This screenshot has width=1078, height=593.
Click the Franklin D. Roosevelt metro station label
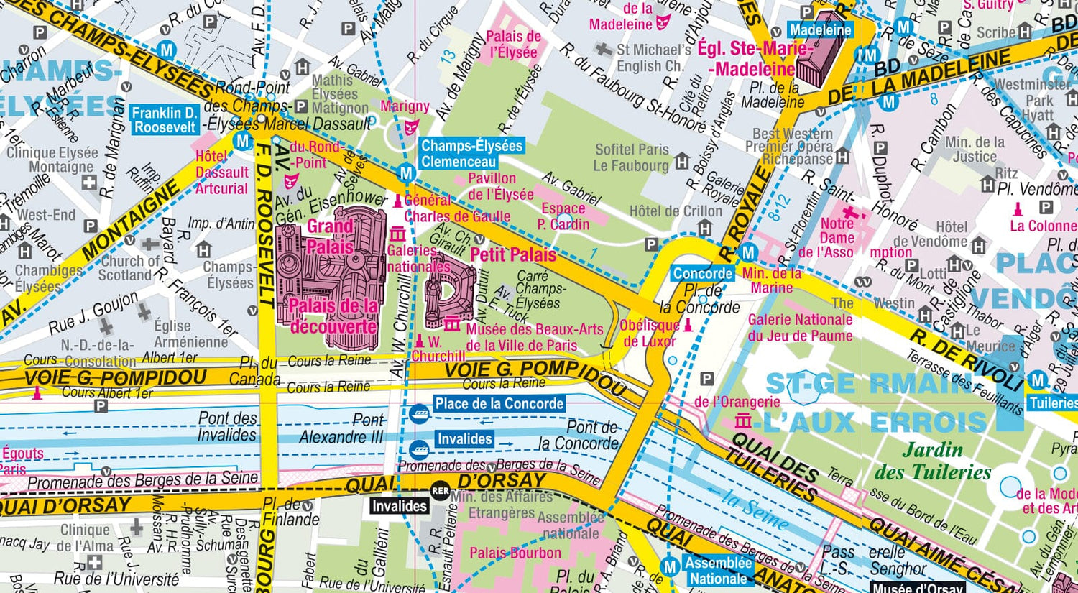coord(164,120)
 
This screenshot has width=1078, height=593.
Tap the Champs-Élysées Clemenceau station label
coord(471,154)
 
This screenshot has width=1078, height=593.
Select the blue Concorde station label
coord(702,274)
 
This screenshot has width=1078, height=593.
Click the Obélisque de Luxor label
coord(649,334)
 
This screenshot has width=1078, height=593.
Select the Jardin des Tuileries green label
coord(932,461)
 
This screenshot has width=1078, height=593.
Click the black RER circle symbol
coord(440,491)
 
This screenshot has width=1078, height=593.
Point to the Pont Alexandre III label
coord(342,429)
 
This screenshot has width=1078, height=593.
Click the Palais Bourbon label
coord(515,553)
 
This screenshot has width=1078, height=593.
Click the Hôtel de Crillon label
coord(676,211)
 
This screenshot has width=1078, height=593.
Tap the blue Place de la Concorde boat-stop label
coord(499,404)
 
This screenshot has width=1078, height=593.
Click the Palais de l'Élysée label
coord(513,44)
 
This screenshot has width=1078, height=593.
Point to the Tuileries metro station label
coord(1053,403)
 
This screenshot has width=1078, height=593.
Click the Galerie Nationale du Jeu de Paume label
coord(800,328)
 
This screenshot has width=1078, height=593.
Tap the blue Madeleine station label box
coord(820,29)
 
